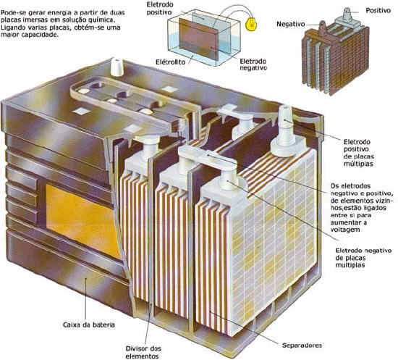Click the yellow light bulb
pyautogui.click(x=251, y=24)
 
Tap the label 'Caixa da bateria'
pyautogui.click(x=89, y=325)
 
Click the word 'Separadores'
pyautogui.click(x=302, y=346)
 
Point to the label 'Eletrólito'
pyautogui.click(x=171, y=62)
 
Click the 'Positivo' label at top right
pyautogui.click(x=378, y=10)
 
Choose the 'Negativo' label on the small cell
pyautogui.click(x=291, y=24)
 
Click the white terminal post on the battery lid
pyautogui.click(x=117, y=67)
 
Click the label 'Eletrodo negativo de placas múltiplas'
pyautogui.click(x=363, y=258)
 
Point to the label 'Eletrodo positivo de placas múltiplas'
pyautogui.click(x=358, y=152)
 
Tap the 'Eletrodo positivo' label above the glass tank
pyautogui.click(x=160, y=9)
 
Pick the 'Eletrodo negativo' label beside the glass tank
pyautogui.click(x=253, y=64)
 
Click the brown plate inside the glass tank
pyautogui.click(x=198, y=39)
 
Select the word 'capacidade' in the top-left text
pyautogui.click(x=40, y=35)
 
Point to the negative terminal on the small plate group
pyautogui.click(x=322, y=28)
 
